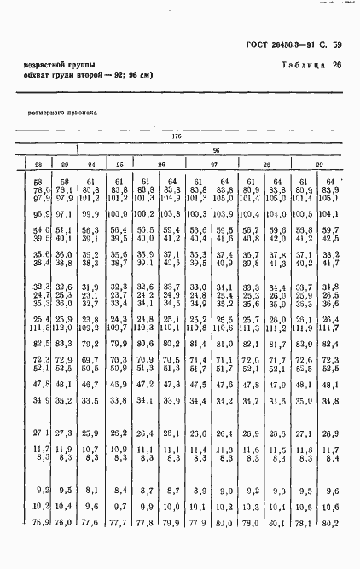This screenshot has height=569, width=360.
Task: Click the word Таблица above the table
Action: (300, 67)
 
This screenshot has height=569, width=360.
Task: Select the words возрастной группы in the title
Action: (61, 66)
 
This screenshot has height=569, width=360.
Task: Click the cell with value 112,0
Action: (62, 327)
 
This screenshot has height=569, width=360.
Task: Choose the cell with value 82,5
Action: (38, 343)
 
